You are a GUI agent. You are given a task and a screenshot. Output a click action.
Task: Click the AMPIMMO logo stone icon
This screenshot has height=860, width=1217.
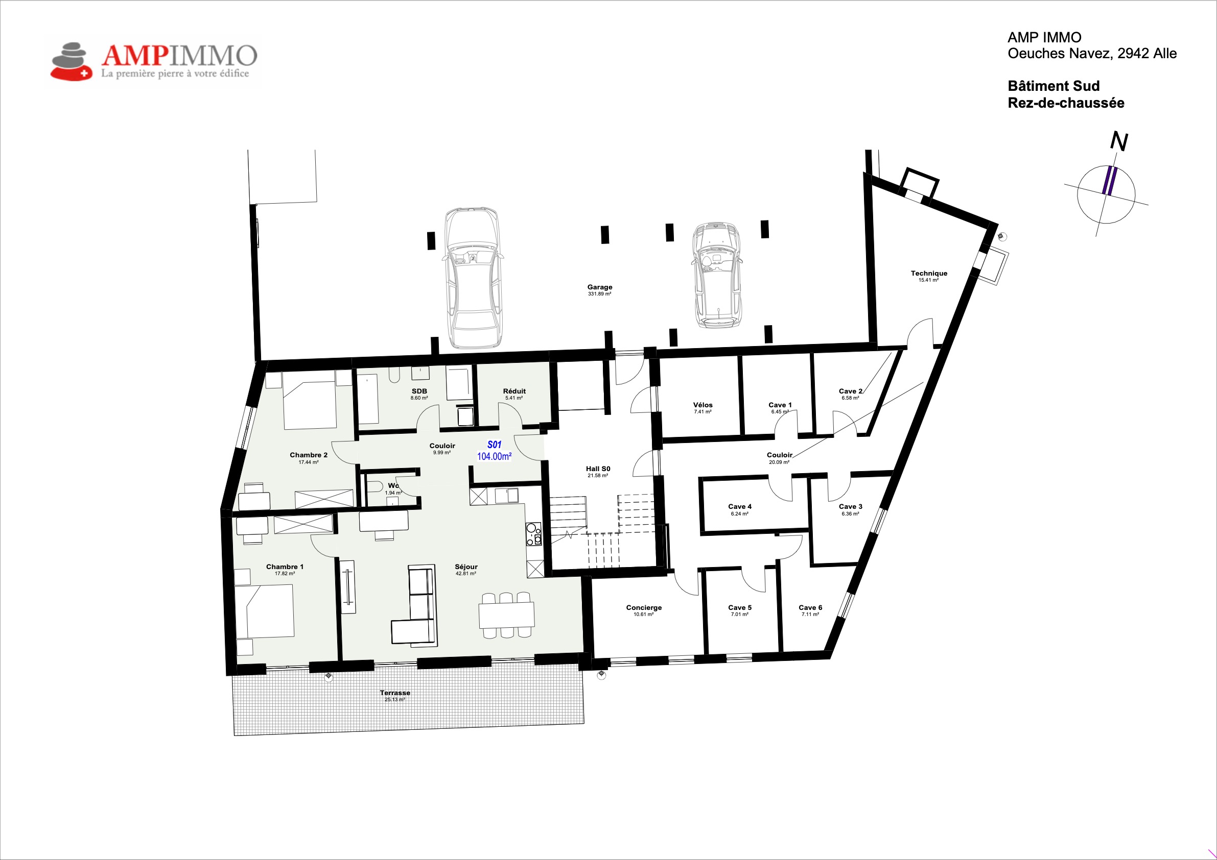71,61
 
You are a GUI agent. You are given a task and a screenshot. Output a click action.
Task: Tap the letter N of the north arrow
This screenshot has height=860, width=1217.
1119,141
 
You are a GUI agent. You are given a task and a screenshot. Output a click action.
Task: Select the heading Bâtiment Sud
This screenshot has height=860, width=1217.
1054,86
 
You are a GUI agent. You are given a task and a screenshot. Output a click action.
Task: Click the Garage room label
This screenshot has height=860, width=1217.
599,287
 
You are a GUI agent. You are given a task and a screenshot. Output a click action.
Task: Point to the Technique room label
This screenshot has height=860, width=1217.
929,273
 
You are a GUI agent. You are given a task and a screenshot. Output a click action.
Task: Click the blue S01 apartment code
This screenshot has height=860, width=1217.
494,445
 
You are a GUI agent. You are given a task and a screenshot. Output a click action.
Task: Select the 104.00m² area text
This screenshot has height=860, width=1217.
494,456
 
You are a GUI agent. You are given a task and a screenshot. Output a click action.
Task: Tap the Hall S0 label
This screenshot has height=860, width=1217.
598,469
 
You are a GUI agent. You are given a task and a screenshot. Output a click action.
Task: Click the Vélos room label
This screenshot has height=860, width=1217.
703,405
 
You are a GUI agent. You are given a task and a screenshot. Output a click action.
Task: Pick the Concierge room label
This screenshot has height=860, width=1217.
643,607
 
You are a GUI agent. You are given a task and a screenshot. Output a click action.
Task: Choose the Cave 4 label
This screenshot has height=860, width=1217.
739,506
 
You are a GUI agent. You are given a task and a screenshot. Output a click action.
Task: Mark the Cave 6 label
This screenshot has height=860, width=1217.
810,607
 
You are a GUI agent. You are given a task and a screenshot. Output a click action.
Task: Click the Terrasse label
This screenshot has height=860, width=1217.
395,693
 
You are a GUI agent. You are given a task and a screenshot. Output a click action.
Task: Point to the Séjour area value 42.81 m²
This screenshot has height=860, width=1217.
465,574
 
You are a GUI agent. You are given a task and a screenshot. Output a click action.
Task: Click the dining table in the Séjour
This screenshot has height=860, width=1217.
506,616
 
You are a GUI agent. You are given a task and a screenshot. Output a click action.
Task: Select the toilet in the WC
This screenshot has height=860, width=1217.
376,487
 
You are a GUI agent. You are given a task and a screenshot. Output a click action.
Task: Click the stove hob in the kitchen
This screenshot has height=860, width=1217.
533,534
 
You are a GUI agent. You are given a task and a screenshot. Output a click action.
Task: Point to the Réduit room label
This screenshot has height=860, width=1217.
514,391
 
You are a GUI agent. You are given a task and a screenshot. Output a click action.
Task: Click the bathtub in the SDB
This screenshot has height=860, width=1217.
368,399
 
